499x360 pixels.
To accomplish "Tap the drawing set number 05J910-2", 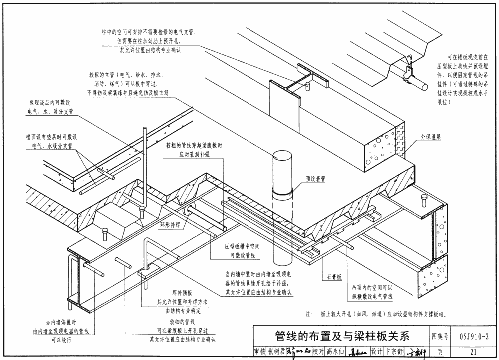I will [x=473, y=335].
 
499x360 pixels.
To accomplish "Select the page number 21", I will [x=473, y=352].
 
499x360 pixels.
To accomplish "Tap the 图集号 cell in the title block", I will [x=439, y=335].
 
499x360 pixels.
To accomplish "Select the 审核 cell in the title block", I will [x=259, y=352].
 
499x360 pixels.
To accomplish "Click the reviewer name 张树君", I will [x=275, y=352].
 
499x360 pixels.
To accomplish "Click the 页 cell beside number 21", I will [x=439, y=352].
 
